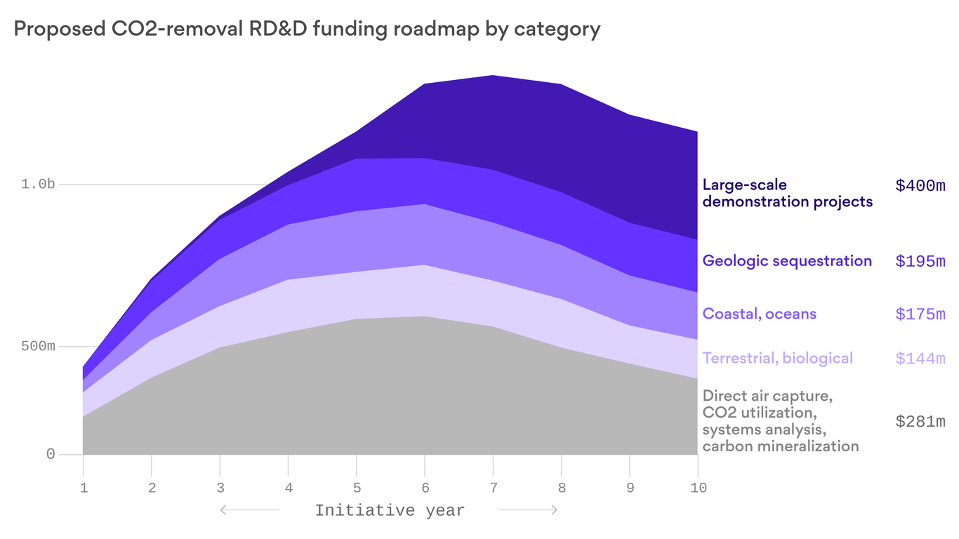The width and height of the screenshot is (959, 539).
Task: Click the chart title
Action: [x=307, y=29]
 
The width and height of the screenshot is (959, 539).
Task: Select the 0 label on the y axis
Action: [x=51, y=454]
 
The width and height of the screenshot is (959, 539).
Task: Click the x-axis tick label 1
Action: [x=83, y=488]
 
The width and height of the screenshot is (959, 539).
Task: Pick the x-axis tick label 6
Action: [x=424, y=488]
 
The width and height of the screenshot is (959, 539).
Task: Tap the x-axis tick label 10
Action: [x=697, y=488]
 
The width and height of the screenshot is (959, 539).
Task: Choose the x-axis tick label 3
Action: [x=220, y=488]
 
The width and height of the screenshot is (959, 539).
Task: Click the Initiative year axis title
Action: [x=390, y=510]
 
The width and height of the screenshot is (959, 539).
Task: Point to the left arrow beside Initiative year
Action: [x=249, y=510]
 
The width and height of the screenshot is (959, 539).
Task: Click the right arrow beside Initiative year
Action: [x=528, y=510]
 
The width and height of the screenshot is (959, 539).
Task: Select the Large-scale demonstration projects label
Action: [x=787, y=194]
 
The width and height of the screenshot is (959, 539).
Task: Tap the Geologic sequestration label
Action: [x=787, y=261]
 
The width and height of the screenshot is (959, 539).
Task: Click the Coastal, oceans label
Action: [x=759, y=314]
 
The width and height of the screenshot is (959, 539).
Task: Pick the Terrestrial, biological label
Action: [x=777, y=359]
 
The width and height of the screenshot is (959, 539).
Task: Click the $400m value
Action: [x=920, y=186]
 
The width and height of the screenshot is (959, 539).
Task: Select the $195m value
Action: [x=920, y=262]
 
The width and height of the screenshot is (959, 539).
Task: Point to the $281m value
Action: [x=920, y=422]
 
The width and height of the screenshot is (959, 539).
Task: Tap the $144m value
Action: [x=920, y=359]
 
